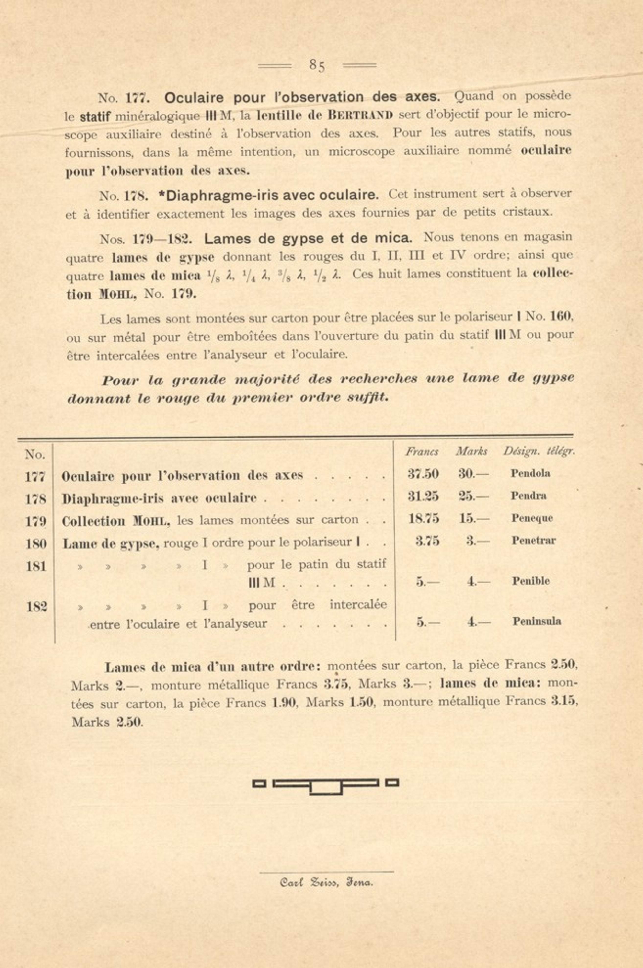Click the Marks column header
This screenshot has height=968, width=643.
[x=471, y=451]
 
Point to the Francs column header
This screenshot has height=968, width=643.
[x=422, y=451]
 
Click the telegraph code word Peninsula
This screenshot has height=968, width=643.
[x=536, y=621]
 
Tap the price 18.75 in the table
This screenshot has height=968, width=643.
[x=423, y=518]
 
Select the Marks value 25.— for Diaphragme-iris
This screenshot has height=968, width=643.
[x=474, y=496]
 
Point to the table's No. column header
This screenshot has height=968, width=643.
[x=35, y=454]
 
